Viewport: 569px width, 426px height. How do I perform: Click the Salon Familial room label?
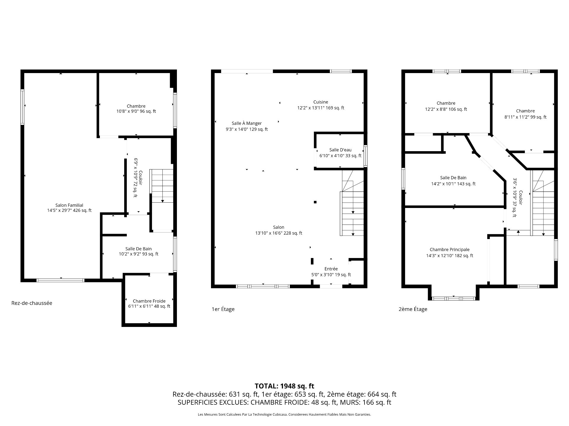click(x=69, y=205)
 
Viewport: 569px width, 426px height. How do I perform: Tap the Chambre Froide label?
click(x=149, y=301)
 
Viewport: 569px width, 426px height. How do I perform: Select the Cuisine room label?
click(x=321, y=102)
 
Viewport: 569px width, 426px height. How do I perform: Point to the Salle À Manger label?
click(x=247, y=123)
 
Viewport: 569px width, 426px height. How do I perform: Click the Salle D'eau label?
click(x=340, y=150)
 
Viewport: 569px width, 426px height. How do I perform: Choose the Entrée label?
click(x=331, y=269)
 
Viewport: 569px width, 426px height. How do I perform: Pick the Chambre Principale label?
click(x=450, y=250)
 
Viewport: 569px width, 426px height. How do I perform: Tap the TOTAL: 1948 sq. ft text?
click(x=284, y=386)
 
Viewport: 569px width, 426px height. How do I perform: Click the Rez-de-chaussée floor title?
click(x=32, y=303)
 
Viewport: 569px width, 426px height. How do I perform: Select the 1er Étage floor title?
click(x=223, y=309)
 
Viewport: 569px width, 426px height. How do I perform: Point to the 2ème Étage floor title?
click(x=413, y=309)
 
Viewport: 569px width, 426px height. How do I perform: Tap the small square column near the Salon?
click(x=315, y=202)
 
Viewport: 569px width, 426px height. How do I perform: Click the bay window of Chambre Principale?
click(x=453, y=298)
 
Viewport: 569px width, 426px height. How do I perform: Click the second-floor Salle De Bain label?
click(x=453, y=177)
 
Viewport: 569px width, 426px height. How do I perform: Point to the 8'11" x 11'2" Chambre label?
click(x=525, y=114)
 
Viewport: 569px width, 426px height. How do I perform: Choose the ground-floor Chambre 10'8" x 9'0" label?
click(x=136, y=109)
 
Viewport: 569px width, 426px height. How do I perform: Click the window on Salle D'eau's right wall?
click(x=366, y=153)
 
